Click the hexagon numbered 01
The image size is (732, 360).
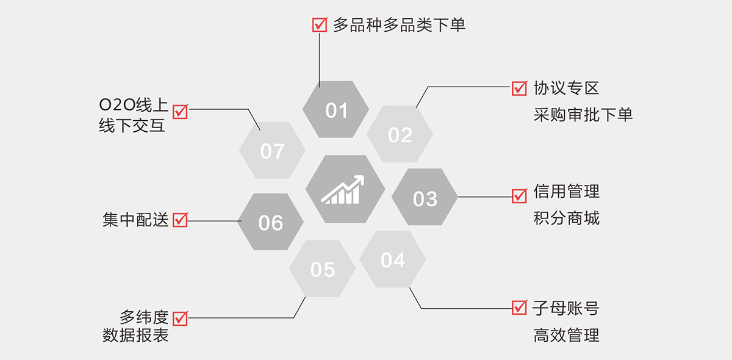(x=335, y=110)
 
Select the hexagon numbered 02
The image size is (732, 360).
(x=400, y=134)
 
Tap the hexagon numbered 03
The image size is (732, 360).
(x=425, y=198)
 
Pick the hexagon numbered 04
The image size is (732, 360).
(x=392, y=260)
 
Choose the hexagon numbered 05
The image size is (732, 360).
(x=322, y=269)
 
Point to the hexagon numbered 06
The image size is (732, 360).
(x=270, y=222)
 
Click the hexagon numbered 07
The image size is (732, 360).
(x=272, y=151)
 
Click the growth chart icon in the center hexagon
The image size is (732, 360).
(x=343, y=190)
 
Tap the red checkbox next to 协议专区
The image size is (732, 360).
(x=519, y=88)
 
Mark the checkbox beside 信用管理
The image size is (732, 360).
(x=519, y=196)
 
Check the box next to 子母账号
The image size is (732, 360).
(x=519, y=308)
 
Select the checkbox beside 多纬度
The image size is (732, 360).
(x=180, y=318)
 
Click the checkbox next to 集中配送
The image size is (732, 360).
(x=180, y=220)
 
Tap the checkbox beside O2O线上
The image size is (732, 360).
(x=180, y=111)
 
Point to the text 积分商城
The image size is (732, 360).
(x=566, y=218)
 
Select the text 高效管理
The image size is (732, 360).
(x=566, y=335)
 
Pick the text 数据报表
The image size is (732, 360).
(x=135, y=336)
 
